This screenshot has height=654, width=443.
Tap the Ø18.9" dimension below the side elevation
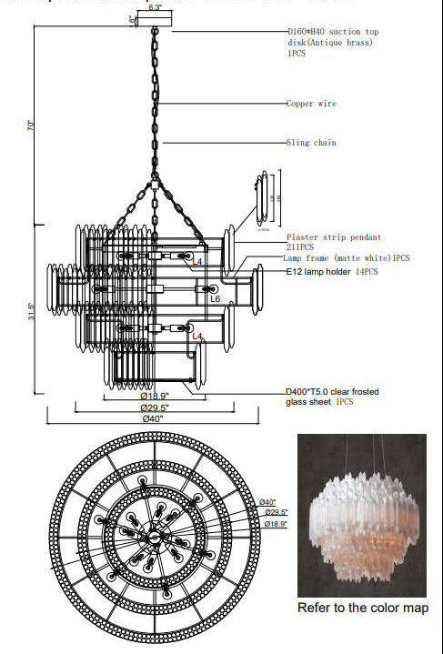click(155, 397)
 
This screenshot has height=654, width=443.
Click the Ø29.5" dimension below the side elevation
click(154, 407)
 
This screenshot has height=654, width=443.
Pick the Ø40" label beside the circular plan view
click(267, 502)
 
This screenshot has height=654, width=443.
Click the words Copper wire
click(311, 104)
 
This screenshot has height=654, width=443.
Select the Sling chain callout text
click(311, 143)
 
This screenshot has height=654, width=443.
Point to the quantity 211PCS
click(300, 247)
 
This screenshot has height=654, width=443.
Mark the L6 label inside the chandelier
click(215, 298)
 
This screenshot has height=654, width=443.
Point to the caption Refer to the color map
click(363, 608)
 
